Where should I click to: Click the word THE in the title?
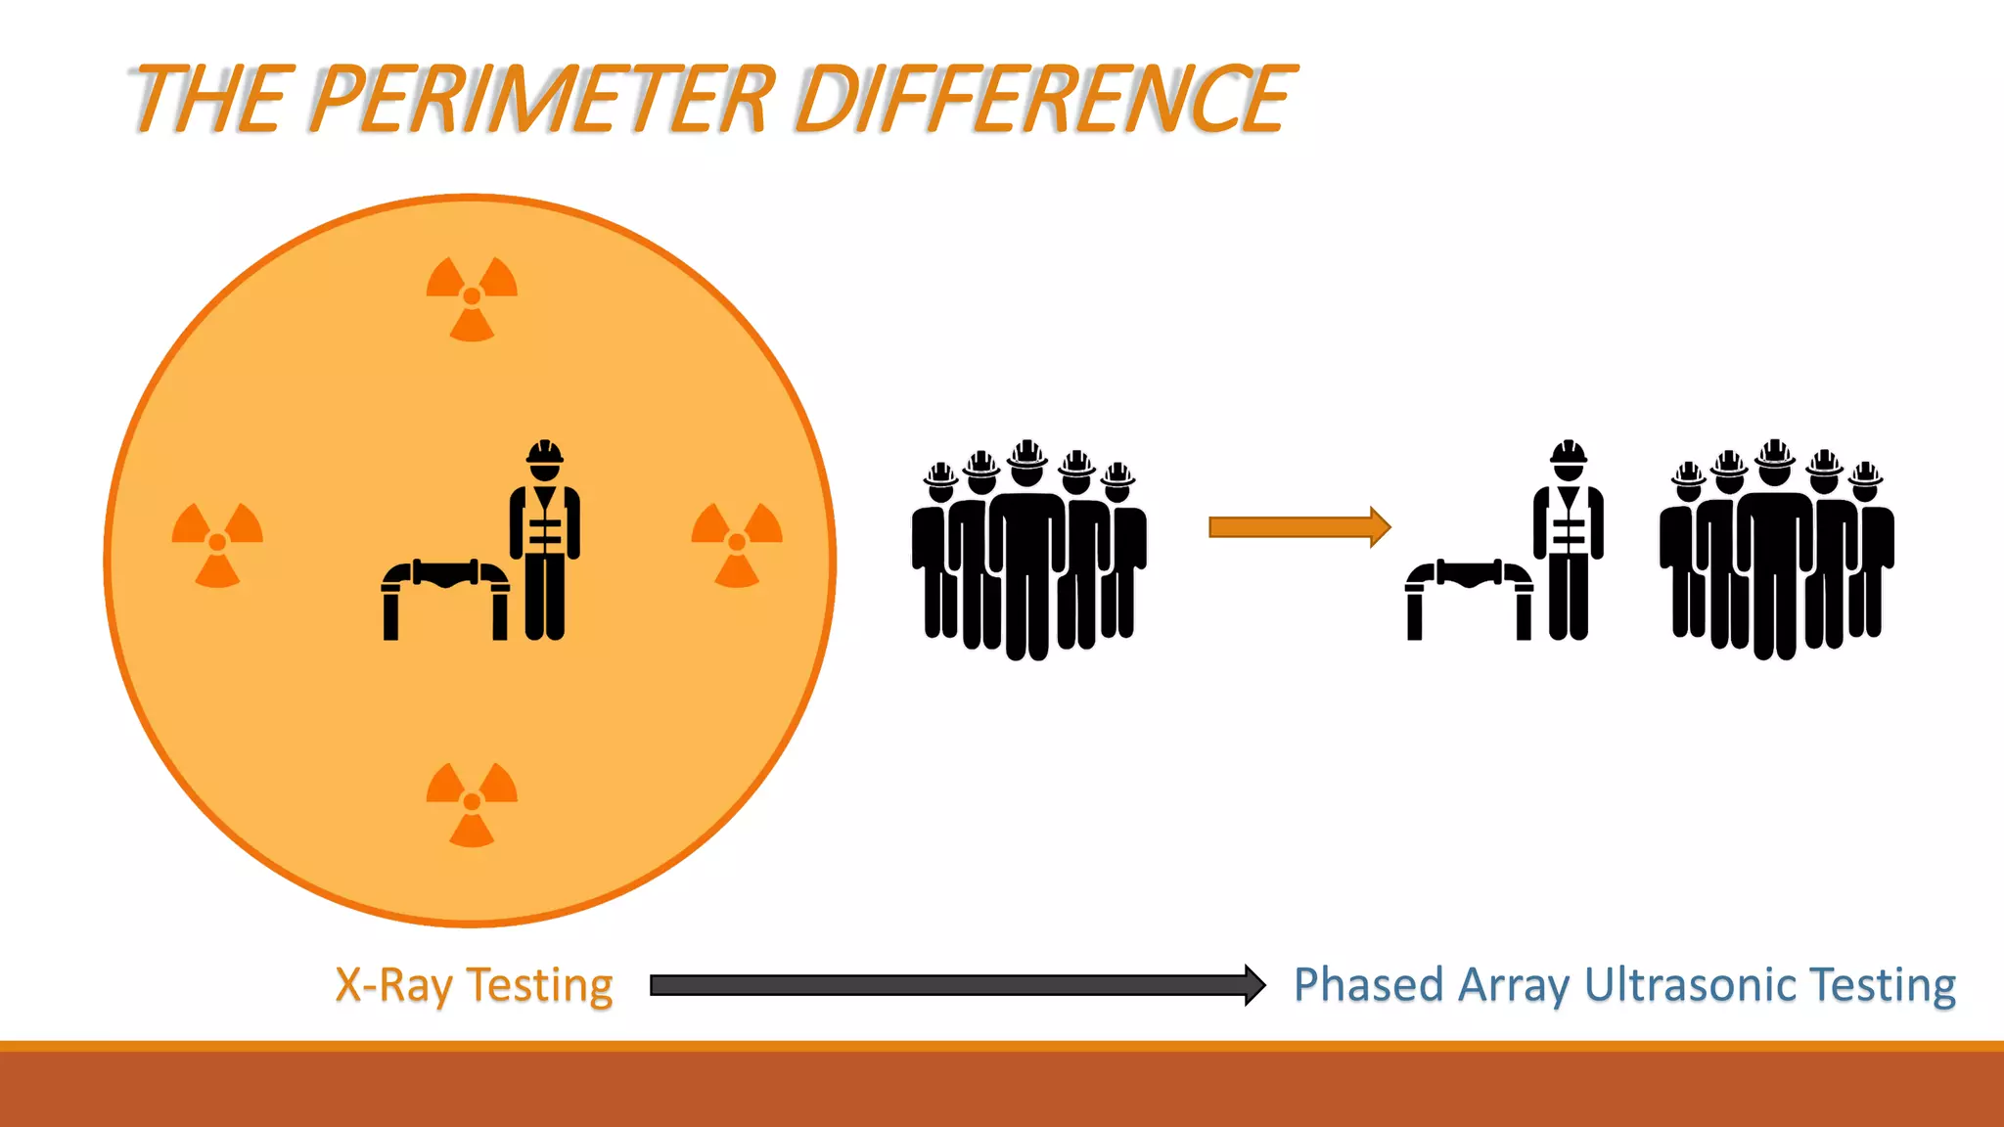(208, 99)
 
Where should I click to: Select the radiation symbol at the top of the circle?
(472, 296)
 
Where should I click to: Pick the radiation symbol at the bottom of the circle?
(472, 802)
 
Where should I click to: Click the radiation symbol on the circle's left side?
(217, 543)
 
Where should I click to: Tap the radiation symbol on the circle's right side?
(737, 543)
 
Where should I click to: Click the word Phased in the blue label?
(1368, 985)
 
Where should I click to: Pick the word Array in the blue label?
(1513, 985)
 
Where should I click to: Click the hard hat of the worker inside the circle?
(545, 453)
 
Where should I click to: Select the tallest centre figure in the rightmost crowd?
(1775, 558)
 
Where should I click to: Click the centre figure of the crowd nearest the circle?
(1026, 558)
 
